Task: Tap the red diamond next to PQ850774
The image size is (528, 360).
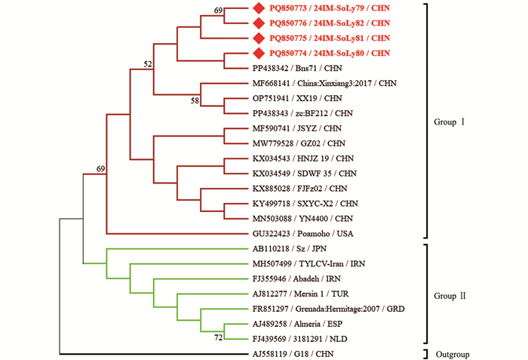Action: [x=258, y=53]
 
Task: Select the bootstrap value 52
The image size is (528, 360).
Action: [x=149, y=63]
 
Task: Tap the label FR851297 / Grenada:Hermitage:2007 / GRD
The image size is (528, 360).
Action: [x=333, y=309]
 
